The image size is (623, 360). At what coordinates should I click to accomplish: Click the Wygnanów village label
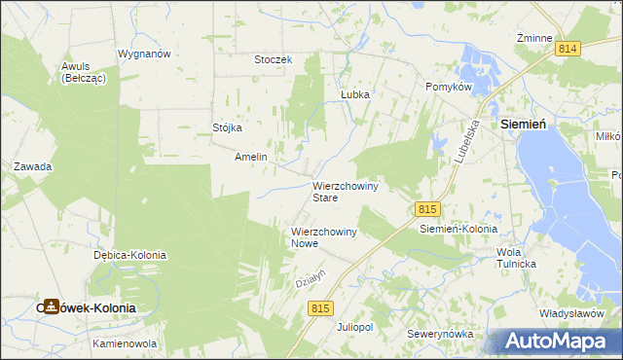pyautogui.click(x=144, y=54)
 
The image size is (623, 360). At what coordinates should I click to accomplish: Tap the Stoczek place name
pyautogui.click(x=273, y=59)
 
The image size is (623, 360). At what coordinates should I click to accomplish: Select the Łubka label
pyautogui.click(x=356, y=95)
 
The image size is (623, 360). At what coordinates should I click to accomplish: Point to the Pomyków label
pyautogui.click(x=449, y=87)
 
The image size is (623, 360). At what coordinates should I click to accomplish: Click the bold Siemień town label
pyautogui.click(x=529, y=126)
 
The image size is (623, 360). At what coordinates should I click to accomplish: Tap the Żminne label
pyautogui.click(x=534, y=37)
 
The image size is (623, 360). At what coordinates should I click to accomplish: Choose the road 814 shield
pyautogui.click(x=568, y=48)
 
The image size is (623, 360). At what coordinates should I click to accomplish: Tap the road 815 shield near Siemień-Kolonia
pyautogui.click(x=427, y=209)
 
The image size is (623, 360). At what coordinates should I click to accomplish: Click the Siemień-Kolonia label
pyautogui.click(x=458, y=230)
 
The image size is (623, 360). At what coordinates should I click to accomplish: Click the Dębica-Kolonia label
pyautogui.click(x=129, y=255)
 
